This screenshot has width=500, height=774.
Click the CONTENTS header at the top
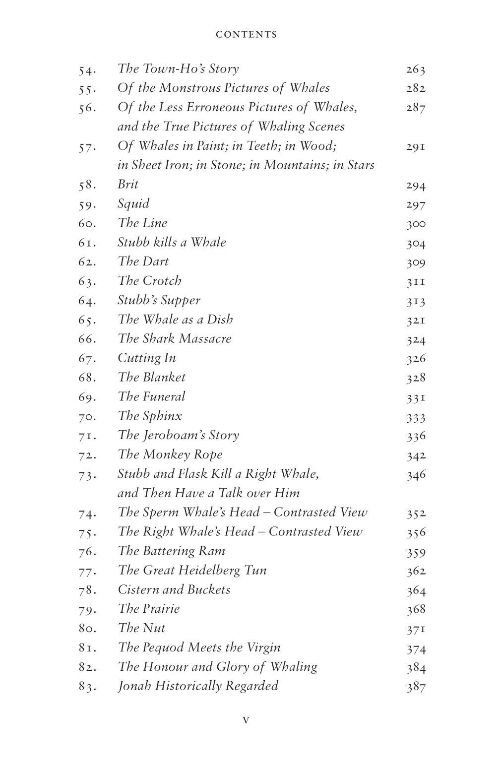246,35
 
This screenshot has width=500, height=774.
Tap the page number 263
416,69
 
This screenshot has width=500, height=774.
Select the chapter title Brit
128,185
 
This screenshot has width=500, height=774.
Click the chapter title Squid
133,204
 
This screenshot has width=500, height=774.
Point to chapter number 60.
87,224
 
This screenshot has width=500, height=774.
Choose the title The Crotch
149,281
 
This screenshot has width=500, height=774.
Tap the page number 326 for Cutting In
416,359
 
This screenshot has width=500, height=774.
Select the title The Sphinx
150,416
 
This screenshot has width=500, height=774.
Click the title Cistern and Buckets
174,589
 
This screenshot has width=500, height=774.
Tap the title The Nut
141,628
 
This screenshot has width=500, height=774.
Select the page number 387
416,687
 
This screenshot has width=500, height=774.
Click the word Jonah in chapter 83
134,686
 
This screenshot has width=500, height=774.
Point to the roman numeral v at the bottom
246,720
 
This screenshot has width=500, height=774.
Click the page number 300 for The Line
416,224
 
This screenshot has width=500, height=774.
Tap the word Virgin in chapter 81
261,648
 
